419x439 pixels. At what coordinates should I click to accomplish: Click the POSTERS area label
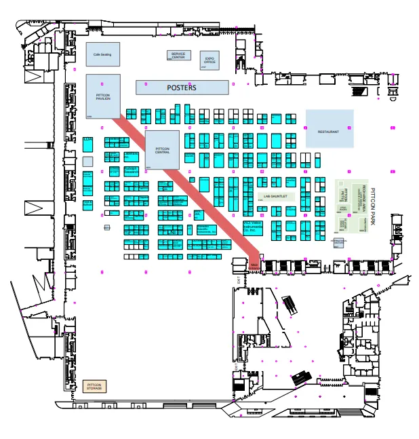182,88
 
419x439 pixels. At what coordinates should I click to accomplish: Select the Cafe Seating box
102,54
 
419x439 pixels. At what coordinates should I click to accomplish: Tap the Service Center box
178,56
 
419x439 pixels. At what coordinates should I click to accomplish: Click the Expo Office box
209,61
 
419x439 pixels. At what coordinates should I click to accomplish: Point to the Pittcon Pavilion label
103,97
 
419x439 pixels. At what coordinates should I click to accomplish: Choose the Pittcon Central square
162,150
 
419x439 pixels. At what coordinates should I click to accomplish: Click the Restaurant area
329,129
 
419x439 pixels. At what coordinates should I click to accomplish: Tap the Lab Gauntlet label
276,196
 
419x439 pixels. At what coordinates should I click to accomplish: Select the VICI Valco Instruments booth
254,227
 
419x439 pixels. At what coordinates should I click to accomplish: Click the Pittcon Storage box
94,387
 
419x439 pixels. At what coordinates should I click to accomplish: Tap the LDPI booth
87,143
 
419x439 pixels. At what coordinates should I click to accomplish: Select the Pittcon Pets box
342,194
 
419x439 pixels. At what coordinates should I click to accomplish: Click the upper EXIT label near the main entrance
239,279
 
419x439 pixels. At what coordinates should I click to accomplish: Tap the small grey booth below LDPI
87,161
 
